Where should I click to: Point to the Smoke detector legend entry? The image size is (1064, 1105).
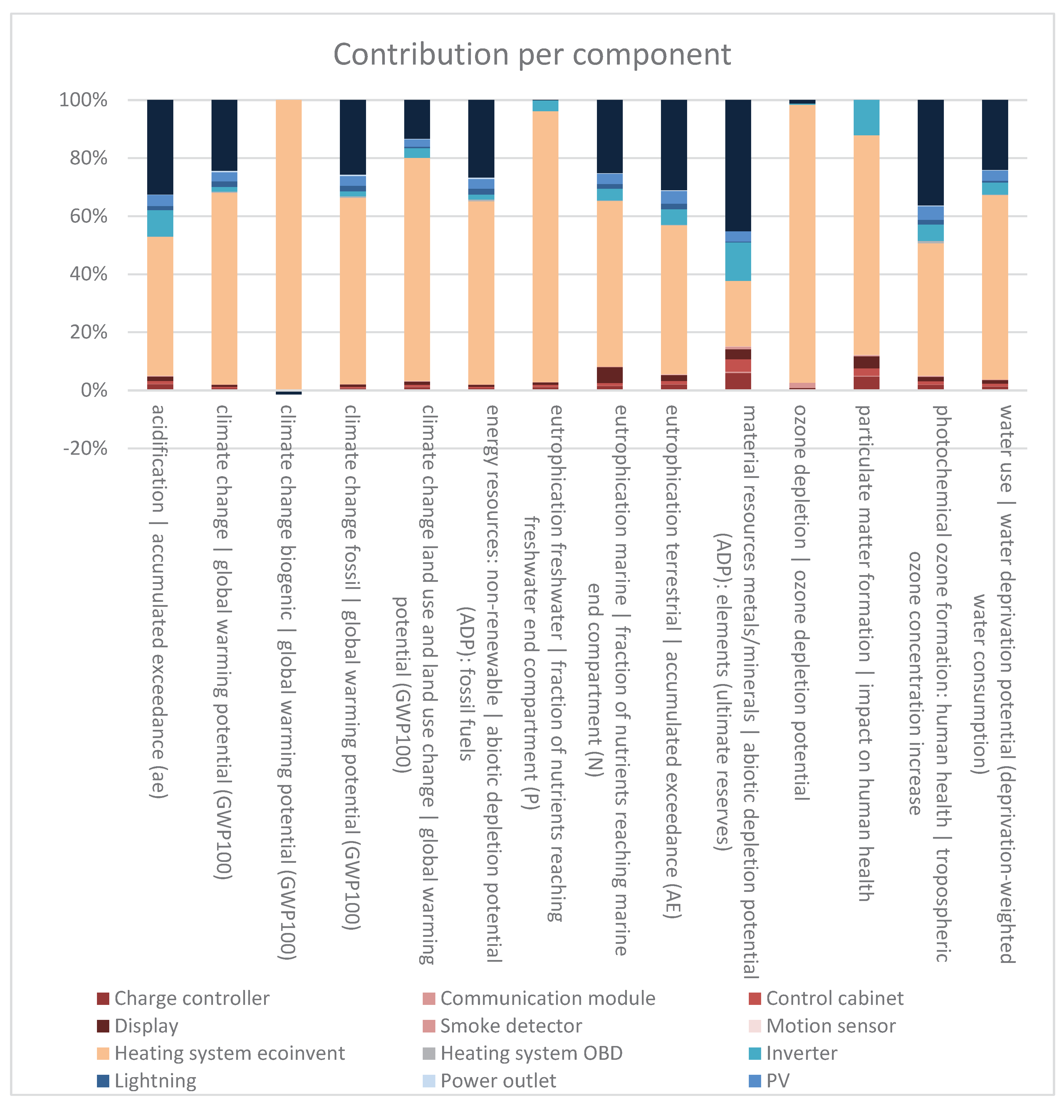click(502, 1026)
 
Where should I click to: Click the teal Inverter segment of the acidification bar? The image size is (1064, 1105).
click(160, 223)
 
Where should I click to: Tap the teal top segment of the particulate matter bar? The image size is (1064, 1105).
click(867, 117)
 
